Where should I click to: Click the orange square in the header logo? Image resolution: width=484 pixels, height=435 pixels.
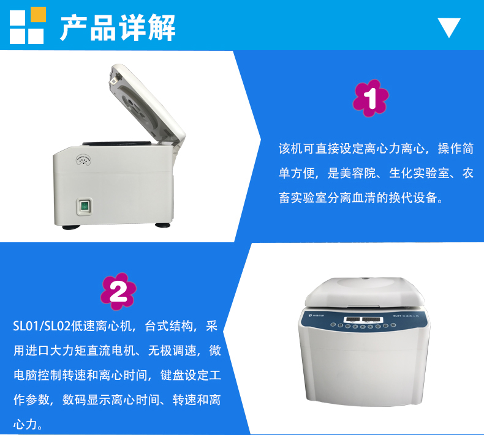[38, 14]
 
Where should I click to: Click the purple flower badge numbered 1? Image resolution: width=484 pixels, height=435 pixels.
[371, 98]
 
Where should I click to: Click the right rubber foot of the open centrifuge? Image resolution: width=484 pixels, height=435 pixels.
[164, 223]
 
